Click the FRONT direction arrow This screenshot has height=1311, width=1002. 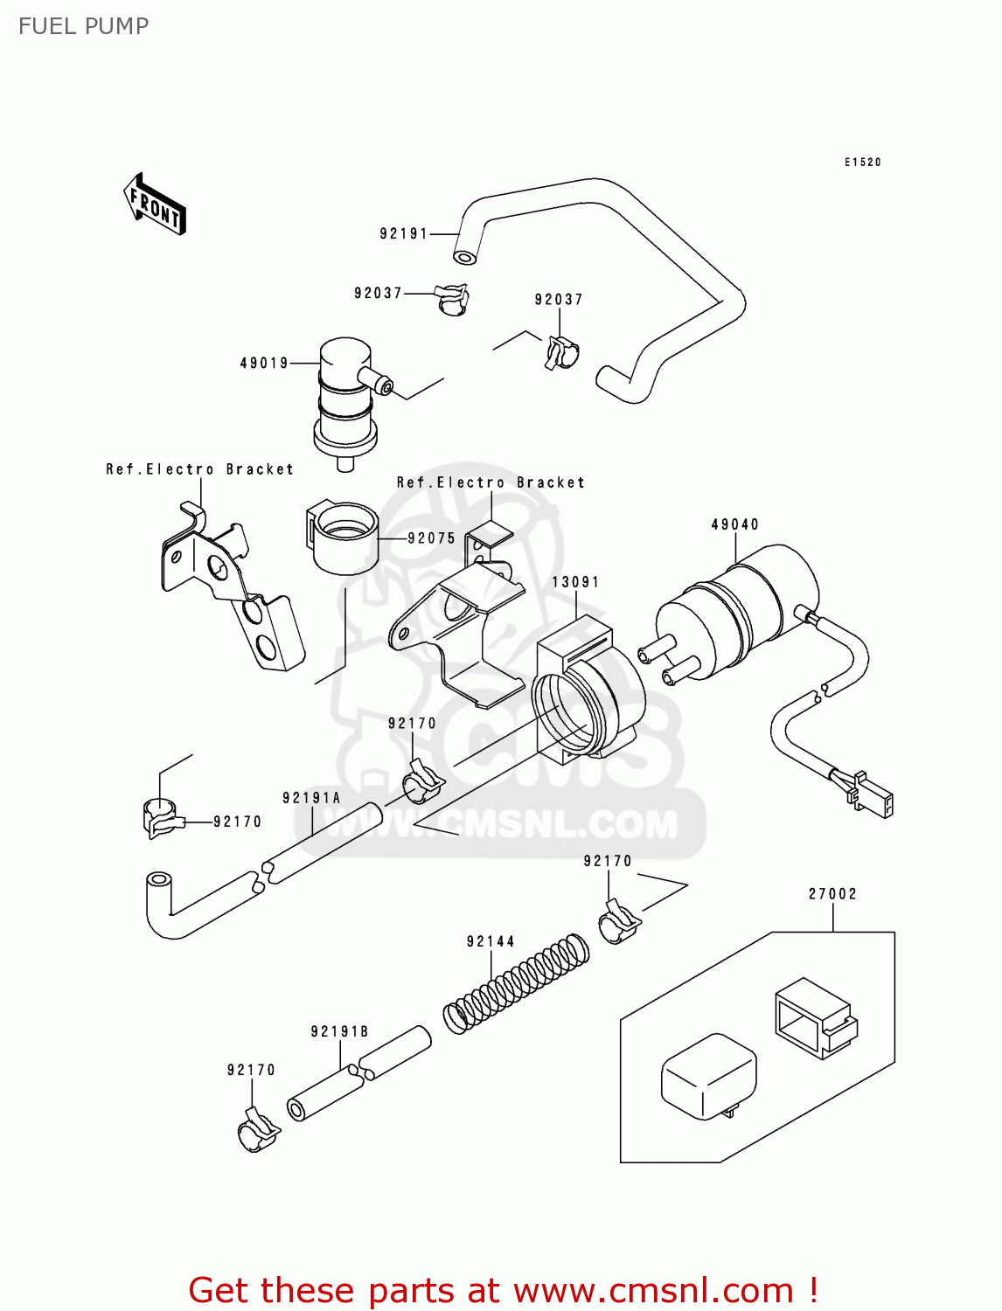point(155,205)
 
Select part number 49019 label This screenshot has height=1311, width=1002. point(264,363)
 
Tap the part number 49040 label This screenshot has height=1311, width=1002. point(734,524)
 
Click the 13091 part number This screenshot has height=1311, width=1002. point(575,582)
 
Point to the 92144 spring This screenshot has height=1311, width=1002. point(516,983)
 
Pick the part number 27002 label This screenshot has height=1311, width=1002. point(832,894)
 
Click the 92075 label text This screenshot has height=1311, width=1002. point(432,538)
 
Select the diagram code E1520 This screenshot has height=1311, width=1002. point(863,163)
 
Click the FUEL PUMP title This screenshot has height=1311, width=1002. point(83,26)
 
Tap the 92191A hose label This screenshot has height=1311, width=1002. point(311,798)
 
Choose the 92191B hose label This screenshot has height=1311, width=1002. point(339,1031)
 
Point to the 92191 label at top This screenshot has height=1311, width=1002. point(404,233)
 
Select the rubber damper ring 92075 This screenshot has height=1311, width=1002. point(343,537)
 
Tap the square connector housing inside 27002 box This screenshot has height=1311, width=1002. point(813,1016)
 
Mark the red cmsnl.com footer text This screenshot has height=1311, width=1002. point(503,1290)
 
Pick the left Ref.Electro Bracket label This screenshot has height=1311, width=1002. point(199,469)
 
